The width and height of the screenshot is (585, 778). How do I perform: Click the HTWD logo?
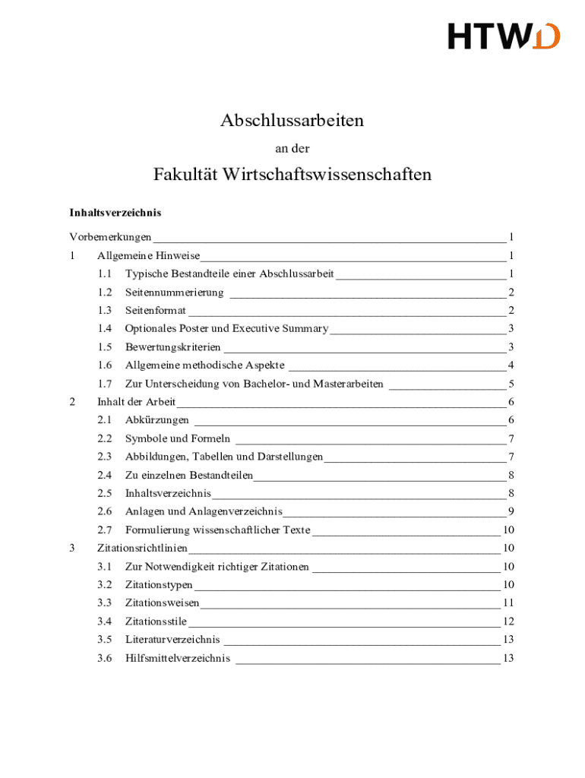504,36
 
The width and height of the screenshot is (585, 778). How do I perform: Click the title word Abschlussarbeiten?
292,120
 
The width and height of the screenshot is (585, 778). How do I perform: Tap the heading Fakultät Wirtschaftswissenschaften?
292,175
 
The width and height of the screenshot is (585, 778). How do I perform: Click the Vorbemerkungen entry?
110,237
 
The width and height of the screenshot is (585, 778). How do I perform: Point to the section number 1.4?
105,328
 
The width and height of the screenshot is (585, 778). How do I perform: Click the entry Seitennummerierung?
174,292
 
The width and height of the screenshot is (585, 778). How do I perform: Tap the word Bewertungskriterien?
167,347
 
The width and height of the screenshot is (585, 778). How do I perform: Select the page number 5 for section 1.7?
512,384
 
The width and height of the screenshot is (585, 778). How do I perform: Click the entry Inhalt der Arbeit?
136,402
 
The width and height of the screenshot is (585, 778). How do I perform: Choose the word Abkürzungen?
157,420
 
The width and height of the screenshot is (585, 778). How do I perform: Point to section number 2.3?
105,457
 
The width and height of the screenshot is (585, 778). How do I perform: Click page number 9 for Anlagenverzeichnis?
512,511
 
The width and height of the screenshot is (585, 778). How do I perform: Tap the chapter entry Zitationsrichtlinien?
142,548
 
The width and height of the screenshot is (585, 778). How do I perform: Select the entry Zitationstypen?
159,584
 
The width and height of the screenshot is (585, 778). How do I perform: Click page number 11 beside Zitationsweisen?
509,602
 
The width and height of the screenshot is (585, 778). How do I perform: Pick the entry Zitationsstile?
156,621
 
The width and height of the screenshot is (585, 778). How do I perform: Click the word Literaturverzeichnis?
172,640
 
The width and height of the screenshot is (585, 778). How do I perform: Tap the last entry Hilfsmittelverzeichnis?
177,658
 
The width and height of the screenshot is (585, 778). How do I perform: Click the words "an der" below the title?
292,149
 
